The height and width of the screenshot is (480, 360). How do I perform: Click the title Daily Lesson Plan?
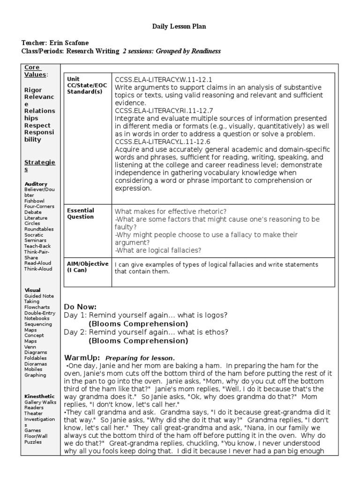pos(179,27)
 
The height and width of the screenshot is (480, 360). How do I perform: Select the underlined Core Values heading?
pos(36,71)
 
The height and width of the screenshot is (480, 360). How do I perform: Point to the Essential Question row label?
pos(81,214)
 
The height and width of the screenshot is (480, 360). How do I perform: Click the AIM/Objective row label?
pos(88,267)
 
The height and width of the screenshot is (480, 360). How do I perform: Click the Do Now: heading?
pos(80,307)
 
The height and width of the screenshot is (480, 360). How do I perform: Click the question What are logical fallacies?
pos(158,250)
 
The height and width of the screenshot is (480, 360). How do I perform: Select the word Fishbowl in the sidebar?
pos(35,201)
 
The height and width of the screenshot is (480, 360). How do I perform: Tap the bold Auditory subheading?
pos(36,184)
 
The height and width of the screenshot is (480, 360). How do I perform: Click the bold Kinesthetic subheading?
pos(39,396)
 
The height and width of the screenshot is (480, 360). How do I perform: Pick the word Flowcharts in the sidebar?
pos(38,307)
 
